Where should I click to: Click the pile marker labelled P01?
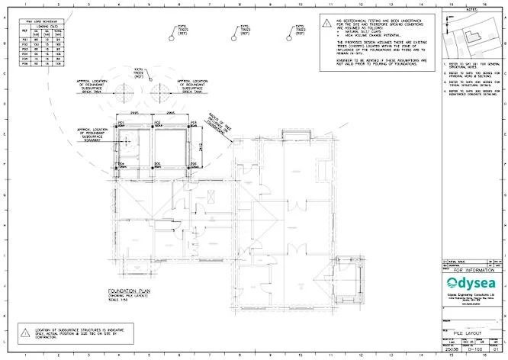(x=116, y=125)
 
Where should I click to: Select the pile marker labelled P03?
(x=189, y=125)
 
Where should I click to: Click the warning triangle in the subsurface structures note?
(x=27, y=329)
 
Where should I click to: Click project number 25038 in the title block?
(x=452, y=349)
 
